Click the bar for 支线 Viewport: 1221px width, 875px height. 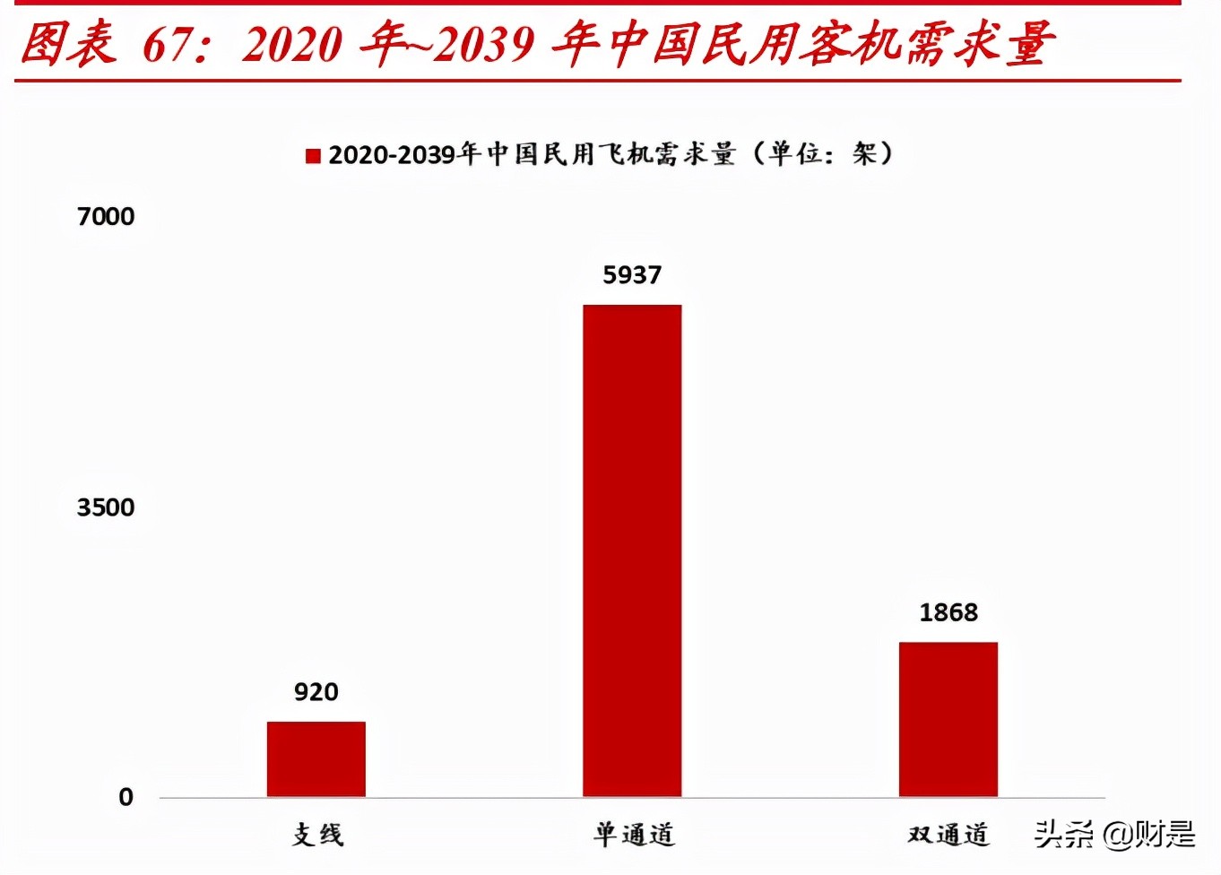click(316, 758)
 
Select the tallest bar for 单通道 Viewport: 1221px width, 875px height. click(632, 550)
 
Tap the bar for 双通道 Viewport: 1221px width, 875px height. click(948, 719)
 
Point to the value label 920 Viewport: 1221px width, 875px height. click(316, 692)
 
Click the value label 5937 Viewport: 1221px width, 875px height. click(632, 275)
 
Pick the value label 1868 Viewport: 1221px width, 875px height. click(948, 613)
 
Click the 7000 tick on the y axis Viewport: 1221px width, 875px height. click(106, 217)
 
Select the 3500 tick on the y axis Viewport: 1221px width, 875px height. click(106, 507)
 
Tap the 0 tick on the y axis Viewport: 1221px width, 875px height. click(126, 797)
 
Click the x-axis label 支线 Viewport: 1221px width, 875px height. click(317, 835)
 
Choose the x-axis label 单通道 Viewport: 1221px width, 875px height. click(633, 835)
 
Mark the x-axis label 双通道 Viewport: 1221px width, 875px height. click(948, 835)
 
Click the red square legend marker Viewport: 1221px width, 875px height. click(313, 156)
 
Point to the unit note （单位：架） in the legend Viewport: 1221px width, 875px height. click(822, 154)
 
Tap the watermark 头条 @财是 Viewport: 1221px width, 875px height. click(1114, 835)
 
